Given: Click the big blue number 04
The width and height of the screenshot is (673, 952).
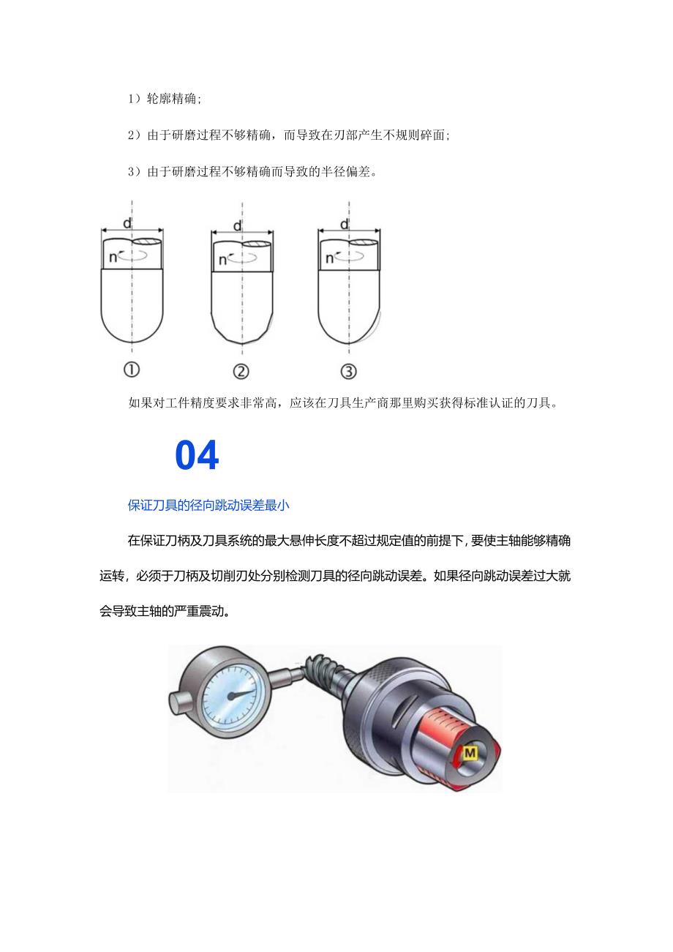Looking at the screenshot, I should pyautogui.click(x=197, y=457).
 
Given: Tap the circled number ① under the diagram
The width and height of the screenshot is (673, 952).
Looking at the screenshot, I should pyautogui.click(x=132, y=372).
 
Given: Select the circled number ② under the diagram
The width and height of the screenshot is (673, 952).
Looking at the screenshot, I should pyautogui.click(x=240, y=372).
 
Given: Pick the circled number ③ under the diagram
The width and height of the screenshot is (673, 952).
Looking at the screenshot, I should pyautogui.click(x=348, y=372).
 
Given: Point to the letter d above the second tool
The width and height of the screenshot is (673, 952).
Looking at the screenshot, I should pyautogui.click(x=237, y=226).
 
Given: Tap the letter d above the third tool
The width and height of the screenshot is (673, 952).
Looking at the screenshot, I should pyautogui.click(x=345, y=224).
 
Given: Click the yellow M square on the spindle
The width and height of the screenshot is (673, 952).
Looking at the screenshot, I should pyautogui.click(x=470, y=753).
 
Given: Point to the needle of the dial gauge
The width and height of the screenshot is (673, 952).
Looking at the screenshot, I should pyautogui.click(x=241, y=693).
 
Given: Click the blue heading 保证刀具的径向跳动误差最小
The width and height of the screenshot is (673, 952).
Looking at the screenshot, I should pyautogui.click(x=209, y=505).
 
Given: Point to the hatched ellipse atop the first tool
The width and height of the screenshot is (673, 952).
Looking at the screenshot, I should pyautogui.click(x=147, y=241).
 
